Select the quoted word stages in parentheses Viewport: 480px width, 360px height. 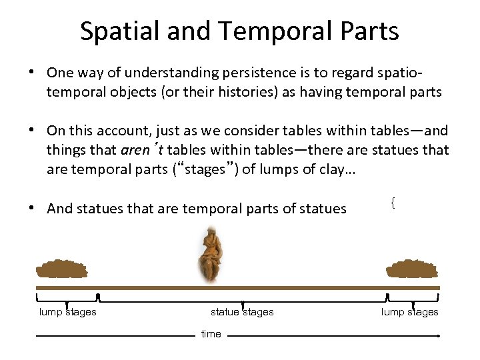point(204,169)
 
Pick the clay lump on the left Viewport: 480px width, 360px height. point(61,269)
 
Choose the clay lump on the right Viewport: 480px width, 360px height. point(412,269)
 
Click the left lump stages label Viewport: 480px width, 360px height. point(67,312)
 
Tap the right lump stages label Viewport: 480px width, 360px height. point(409,312)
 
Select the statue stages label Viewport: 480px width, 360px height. point(242,312)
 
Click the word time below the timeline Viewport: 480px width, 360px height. point(211,334)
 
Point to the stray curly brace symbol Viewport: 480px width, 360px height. point(393,203)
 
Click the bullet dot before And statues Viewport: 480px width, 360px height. point(32,208)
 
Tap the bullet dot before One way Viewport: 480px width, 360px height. point(32,71)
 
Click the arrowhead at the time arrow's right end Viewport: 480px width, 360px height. point(438,336)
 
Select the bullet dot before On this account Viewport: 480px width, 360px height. point(32,130)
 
